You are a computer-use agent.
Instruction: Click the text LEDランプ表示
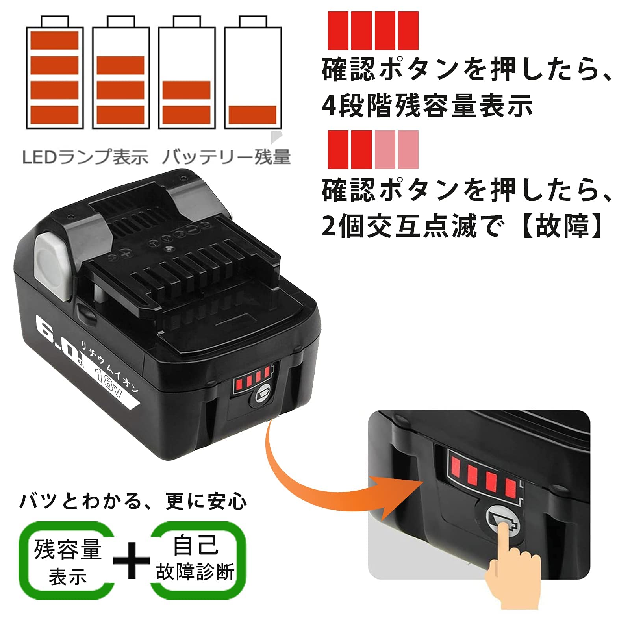click(85, 157)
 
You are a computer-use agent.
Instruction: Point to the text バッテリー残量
click(226, 157)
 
